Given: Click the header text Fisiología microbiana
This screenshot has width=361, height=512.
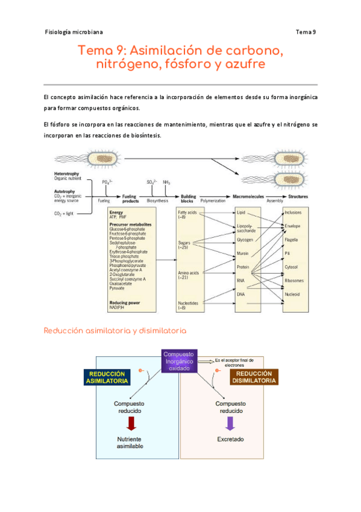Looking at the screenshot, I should click(74, 32).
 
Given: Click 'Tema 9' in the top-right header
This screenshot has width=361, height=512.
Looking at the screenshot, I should click(306, 32).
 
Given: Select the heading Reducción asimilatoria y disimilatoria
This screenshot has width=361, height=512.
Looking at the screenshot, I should click(115, 331).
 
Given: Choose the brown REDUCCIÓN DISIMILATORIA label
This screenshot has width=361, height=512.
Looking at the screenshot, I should click(254, 378).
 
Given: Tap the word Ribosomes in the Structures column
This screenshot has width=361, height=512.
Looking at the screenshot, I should click(295, 280).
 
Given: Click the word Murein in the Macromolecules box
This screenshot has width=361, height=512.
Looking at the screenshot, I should click(243, 252).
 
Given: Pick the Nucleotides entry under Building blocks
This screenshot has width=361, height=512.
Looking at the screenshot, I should click(188, 302).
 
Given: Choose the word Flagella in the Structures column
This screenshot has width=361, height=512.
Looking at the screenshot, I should click(292, 240).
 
